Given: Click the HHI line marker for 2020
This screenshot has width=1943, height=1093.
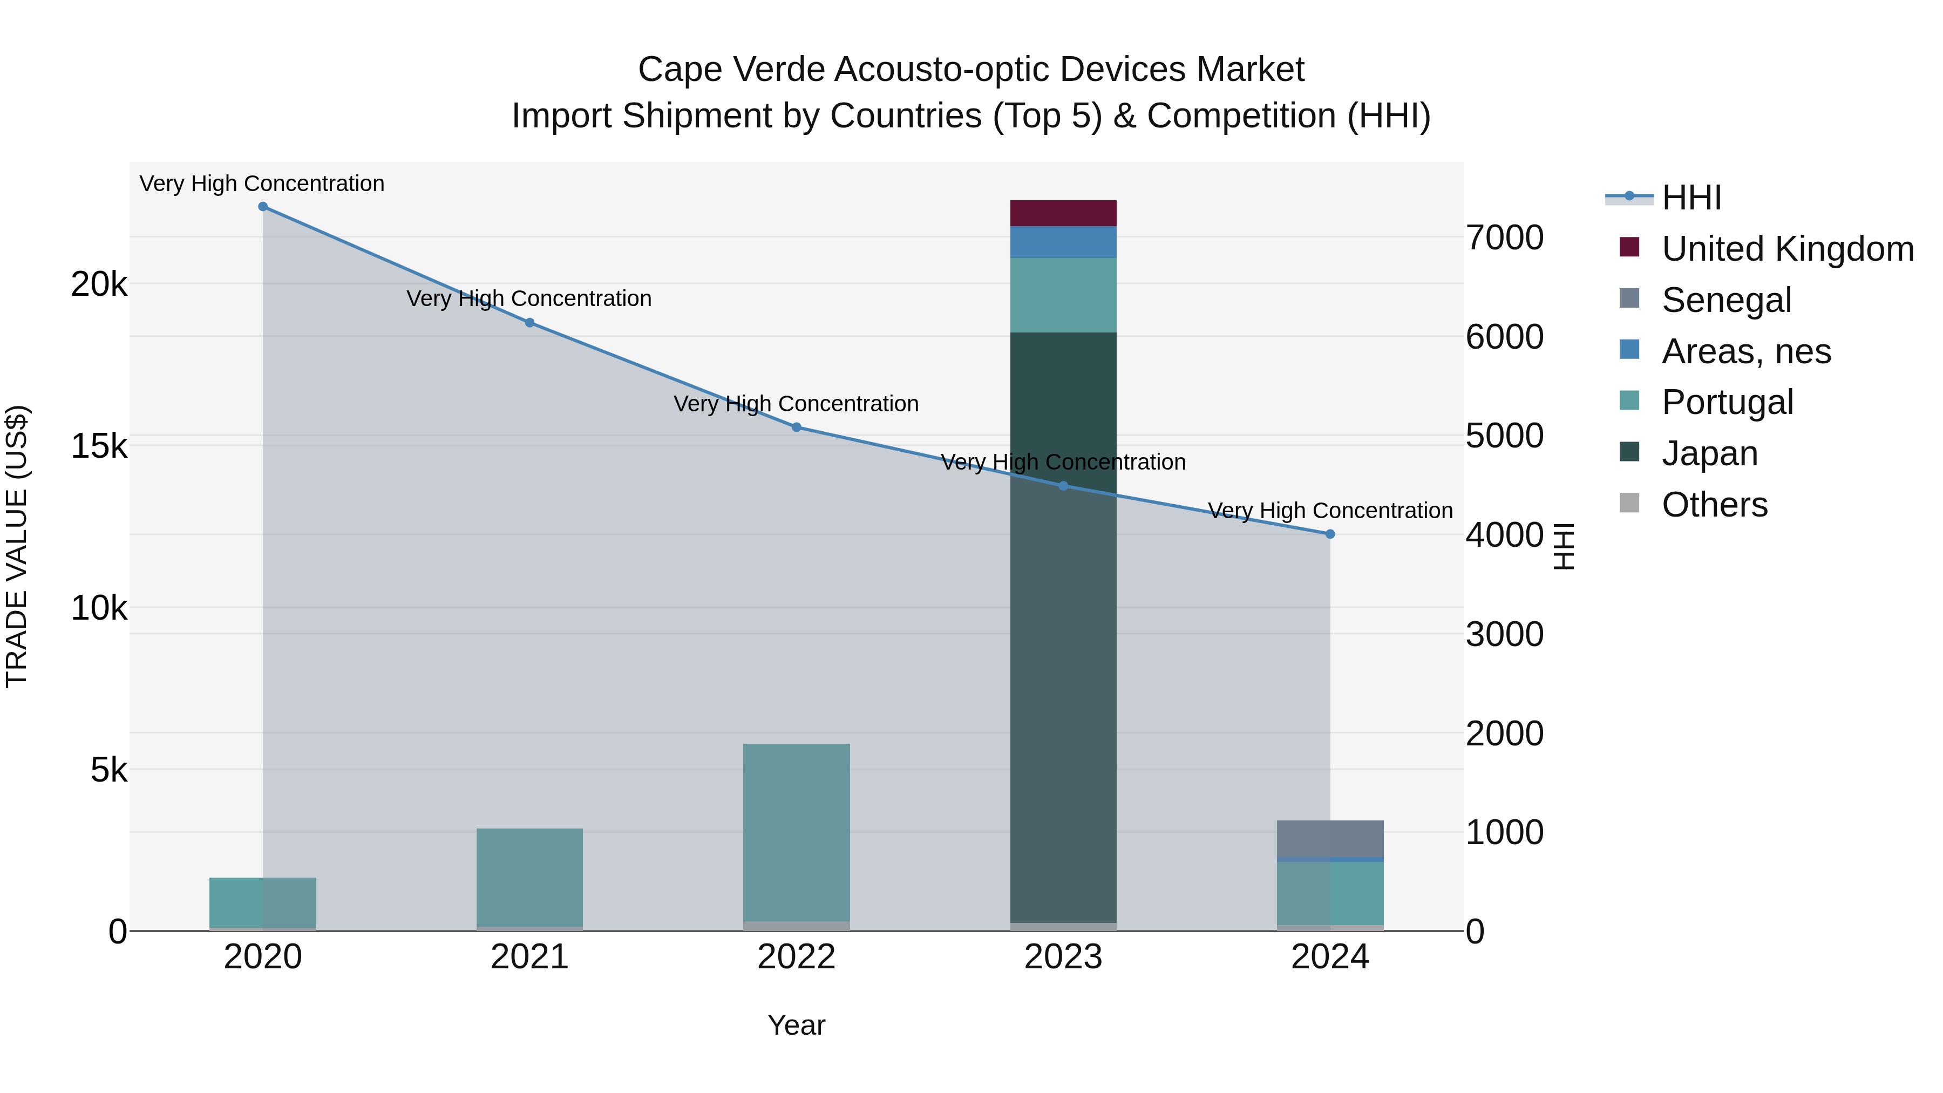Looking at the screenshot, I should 262,207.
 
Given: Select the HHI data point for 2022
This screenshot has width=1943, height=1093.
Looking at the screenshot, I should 797,427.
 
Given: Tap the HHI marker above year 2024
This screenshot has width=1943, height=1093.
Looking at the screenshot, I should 1330,534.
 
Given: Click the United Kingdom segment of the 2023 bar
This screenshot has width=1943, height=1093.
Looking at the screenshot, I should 1063,213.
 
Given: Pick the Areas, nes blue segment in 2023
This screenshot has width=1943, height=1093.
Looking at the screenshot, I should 1063,242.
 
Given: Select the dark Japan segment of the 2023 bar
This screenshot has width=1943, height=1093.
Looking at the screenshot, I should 1063,626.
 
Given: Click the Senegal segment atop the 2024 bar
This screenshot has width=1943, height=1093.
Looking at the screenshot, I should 1330,839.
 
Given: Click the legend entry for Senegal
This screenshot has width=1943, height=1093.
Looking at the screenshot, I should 1726,300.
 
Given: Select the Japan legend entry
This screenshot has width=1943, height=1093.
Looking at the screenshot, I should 1709,453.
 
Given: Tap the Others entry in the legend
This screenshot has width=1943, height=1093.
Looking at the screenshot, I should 1714,505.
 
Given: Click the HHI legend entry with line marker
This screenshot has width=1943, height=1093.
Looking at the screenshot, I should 1691,198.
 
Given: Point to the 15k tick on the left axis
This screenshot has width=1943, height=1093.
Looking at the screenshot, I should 99,446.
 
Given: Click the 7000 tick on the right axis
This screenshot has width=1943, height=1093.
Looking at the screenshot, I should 1505,237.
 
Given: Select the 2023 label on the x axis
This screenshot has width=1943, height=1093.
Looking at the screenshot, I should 1063,957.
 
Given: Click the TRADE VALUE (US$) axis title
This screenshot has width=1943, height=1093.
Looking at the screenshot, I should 17,546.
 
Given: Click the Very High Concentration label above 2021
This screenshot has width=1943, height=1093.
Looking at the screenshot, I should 529,298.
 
